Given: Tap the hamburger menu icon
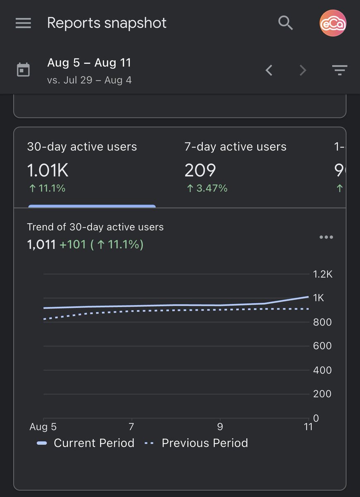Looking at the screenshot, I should (x=23, y=23).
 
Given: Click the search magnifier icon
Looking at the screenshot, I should (x=286, y=23).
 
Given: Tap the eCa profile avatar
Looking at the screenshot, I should (x=333, y=24).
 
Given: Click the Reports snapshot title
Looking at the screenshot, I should (x=107, y=23).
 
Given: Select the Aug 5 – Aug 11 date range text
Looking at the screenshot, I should (x=89, y=63).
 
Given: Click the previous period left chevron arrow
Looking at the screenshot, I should (x=269, y=70).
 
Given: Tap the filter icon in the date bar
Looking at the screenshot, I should (x=340, y=70).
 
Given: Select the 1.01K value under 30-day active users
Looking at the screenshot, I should (x=48, y=170).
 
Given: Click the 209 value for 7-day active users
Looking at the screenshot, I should (x=200, y=170).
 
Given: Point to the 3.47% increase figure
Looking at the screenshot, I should (x=207, y=188).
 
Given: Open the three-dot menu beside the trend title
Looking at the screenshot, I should (x=326, y=237).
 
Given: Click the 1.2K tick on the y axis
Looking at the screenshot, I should (x=322, y=274).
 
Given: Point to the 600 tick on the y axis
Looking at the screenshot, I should (x=322, y=346).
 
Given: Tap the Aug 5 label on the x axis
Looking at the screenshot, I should (x=43, y=427).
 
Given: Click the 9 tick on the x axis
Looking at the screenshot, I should (x=220, y=427).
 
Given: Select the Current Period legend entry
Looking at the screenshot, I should (x=86, y=443).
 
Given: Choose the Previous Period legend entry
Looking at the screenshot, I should (x=196, y=443).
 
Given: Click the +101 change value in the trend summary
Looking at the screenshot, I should (x=72, y=244).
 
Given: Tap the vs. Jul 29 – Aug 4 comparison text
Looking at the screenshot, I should (x=89, y=80).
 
